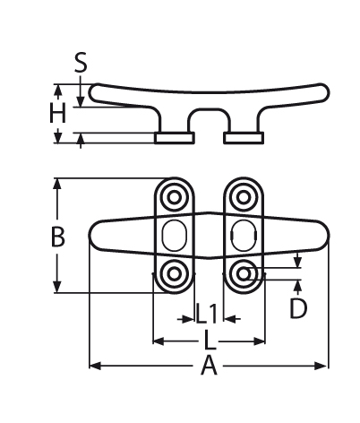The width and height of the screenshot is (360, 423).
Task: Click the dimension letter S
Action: [81, 63]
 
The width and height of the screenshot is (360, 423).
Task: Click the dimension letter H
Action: [57, 113]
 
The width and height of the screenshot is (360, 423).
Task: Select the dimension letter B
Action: [58, 237]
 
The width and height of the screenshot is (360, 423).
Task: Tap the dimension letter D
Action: [298, 308]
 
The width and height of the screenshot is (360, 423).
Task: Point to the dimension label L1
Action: [207, 314]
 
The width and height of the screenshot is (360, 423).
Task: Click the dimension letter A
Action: [209, 365]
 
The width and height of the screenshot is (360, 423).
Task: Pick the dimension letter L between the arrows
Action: [210, 340]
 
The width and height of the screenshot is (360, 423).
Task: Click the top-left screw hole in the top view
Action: [174, 197]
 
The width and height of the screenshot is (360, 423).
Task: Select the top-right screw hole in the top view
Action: [244, 197]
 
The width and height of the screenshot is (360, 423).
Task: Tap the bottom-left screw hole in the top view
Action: [174, 273]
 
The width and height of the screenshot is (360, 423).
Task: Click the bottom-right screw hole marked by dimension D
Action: [244, 273]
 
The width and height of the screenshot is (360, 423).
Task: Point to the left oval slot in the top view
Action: [175, 236]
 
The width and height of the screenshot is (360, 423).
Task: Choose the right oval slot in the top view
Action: [244, 236]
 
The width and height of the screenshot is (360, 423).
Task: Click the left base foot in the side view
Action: [175, 138]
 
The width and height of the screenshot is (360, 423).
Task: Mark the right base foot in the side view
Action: [244, 138]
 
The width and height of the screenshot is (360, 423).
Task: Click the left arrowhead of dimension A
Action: [95, 366]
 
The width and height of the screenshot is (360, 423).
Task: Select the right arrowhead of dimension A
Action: [321, 366]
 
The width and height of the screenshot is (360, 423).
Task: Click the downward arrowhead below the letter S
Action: [80, 100]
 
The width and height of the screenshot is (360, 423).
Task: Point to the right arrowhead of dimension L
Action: [259, 341]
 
